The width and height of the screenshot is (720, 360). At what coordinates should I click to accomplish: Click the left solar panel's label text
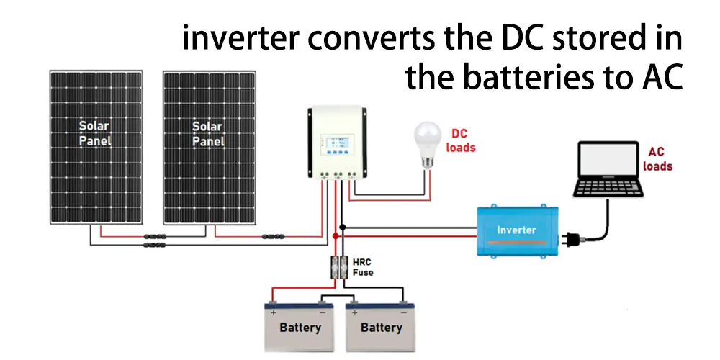[94, 134]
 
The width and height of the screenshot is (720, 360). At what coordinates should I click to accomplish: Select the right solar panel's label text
[207, 134]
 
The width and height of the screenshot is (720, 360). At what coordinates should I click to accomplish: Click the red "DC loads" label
[460, 140]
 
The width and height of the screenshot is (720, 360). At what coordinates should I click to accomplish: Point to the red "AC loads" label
[657, 159]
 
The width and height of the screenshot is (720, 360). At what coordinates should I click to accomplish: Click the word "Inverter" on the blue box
[516, 230]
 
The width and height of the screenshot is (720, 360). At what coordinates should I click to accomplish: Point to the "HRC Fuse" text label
[364, 266]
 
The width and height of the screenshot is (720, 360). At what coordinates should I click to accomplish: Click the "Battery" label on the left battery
[300, 328]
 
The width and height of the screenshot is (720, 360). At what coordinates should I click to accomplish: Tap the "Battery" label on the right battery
[382, 328]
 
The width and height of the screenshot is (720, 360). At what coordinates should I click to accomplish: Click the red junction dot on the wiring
[336, 235]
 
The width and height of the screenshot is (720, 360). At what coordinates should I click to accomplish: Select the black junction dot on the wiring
[343, 228]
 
